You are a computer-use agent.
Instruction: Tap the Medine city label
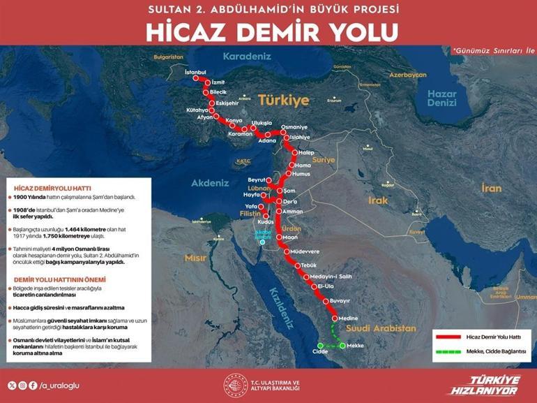tap(349, 318)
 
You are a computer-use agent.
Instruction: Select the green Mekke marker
tap(342, 345)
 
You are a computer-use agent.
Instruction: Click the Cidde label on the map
tap(320, 352)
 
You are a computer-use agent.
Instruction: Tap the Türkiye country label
tap(283, 100)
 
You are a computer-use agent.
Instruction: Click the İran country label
tap(491, 188)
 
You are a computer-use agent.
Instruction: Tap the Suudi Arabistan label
tap(373, 327)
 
